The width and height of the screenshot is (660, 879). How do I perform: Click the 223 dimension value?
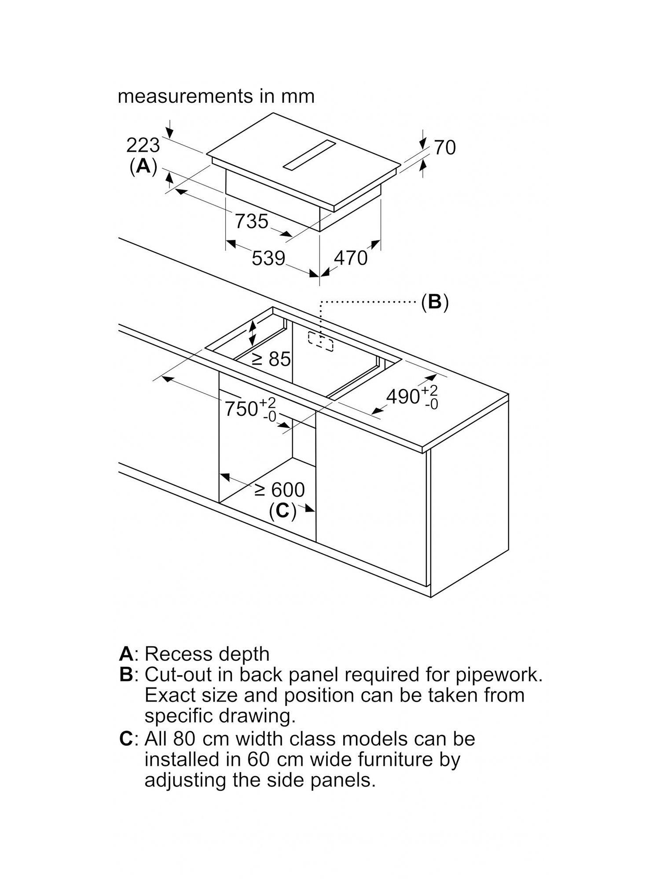tap(143, 145)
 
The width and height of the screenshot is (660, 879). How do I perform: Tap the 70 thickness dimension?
tap(445, 148)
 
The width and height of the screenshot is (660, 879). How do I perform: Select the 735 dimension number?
tap(252, 221)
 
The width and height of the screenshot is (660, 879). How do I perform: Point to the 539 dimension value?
tap(268, 258)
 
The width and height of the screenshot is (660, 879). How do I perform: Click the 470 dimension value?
tap(351, 258)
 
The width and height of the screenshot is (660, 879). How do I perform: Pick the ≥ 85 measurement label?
tap(271, 359)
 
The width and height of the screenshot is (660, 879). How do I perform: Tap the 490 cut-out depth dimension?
tap(412, 397)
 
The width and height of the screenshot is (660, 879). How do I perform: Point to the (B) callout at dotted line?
tap(435, 302)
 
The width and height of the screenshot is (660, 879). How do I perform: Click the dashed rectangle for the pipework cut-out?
tap(321, 341)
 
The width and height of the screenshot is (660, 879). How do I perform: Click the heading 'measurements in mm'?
tap(216, 96)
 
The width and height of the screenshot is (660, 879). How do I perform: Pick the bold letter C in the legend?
tap(126, 739)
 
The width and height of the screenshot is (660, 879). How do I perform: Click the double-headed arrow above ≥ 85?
tap(252, 333)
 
